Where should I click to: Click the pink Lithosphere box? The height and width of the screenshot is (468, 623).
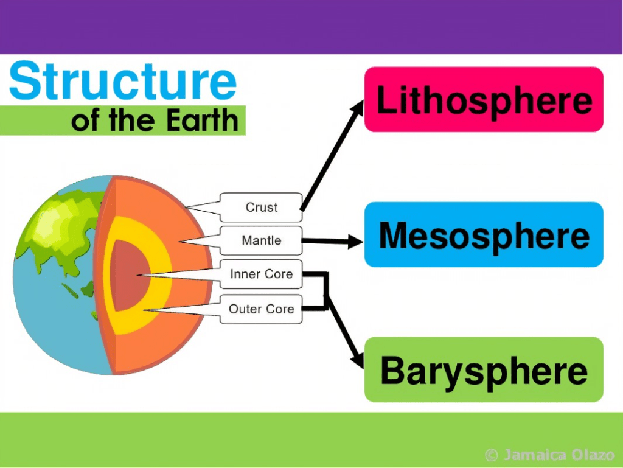point(484,99)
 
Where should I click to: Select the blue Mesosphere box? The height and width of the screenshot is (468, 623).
point(484,235)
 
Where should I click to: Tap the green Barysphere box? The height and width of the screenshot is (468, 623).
point(484,369)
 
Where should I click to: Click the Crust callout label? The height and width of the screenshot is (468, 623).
point(261,208)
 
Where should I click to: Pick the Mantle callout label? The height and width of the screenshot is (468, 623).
point(261,240)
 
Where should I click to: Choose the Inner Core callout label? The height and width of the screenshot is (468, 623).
point(261,274)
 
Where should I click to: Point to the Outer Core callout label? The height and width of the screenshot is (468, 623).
point(261,309)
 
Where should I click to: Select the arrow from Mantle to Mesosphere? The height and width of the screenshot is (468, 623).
point(332,242)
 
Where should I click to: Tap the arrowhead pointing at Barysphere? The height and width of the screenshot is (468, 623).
point(357,360)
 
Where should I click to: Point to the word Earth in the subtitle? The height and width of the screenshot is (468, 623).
point(204,120)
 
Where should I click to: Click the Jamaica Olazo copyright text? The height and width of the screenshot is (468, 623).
point(551,455)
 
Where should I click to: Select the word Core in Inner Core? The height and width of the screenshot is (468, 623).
point(279,274)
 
